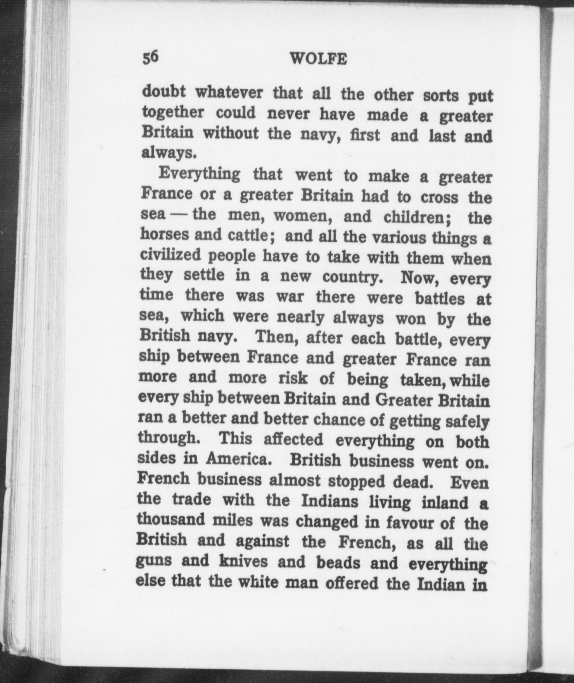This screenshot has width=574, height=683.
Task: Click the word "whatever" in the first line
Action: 229,92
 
